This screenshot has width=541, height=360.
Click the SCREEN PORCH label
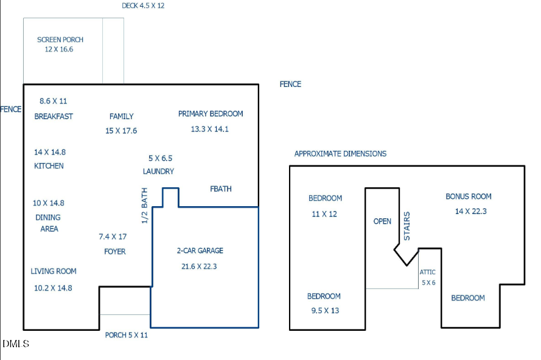[x=60, y=40]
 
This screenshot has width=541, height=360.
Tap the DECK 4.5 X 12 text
[x=143, y=5]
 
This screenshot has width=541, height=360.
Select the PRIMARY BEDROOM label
[x=211, y=114]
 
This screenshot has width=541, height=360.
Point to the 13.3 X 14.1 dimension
[x=209, y=129]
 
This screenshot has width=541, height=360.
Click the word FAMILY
[x=121, y=116]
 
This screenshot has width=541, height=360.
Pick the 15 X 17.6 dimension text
[x=121, y=131]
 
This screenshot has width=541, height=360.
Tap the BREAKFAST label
[x=54, y=116]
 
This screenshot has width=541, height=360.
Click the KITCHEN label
[x=49, y=166]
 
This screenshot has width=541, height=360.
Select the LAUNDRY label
[x=158, y=171]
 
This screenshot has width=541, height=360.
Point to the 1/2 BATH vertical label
[x=145, y=206]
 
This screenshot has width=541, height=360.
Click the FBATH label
[x=221, y=189]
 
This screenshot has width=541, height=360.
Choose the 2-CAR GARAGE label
[x=200, y=251]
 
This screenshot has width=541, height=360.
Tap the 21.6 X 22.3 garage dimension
[x=199, y=266]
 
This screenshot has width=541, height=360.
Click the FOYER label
[x=115, y=251]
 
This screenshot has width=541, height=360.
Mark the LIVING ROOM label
[x=54, y=271]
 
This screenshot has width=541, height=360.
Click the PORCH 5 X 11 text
[x=127, y=334]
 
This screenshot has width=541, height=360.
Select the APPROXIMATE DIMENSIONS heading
[x=340, y=154]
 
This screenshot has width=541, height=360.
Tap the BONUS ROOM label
[x=469, y=196]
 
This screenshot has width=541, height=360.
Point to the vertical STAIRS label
[x=407, y=226]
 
